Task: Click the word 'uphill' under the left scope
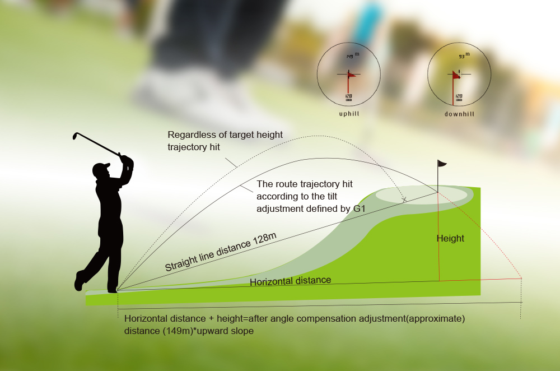pos(349,114)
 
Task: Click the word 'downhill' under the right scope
pos(459,114)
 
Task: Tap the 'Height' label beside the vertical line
pos(451,238)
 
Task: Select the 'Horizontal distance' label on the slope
pos(290,281)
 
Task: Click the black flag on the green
pos(442,164)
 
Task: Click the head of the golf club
pos(75,136)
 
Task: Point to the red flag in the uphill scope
pos(352,74)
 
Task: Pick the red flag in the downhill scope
pos(457,74)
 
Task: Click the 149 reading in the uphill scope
pos(350,56)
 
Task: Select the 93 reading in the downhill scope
pos(462,56)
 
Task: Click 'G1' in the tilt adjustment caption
pos(359,208)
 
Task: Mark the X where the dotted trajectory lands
pos(405,199)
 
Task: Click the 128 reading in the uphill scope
pos(348,96)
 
